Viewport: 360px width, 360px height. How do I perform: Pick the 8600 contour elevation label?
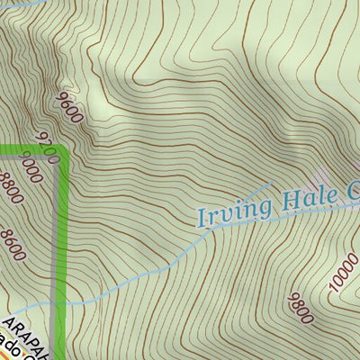click(13, 245)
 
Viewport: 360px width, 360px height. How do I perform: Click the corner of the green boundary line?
click(64, 151)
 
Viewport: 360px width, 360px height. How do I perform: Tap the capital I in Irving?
click(202, 216)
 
